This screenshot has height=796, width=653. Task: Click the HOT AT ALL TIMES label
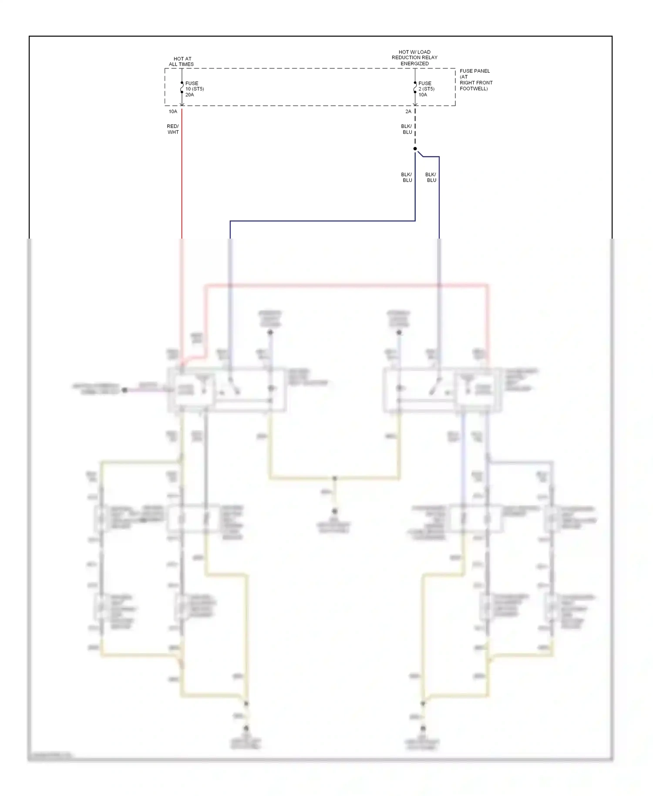point(182,61)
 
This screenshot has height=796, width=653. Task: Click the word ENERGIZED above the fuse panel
point(414,64)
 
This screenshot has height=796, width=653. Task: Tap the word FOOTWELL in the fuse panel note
point(473,89)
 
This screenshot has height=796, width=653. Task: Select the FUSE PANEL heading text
point(475,71)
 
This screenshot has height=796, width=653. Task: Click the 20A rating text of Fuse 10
point(190,95)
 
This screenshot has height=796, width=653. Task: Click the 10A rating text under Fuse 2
point(423,95)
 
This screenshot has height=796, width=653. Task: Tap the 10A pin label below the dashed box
point(173,112)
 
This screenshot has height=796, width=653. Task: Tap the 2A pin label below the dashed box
point(408,112)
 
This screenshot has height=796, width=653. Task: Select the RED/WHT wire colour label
point(173,129)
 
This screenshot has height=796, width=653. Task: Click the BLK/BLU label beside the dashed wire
point(407,129)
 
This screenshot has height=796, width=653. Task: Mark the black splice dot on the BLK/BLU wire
point(415,149)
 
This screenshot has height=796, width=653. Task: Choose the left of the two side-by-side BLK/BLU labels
point(407,177)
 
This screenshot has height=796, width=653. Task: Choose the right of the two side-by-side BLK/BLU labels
point(431,177)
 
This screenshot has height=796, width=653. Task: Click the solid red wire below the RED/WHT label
point(182,183)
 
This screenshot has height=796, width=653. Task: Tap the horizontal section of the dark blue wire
point(322,221)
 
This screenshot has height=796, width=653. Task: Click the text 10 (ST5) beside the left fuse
point(195,89)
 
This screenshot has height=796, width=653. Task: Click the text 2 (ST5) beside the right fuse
point(426,89)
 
